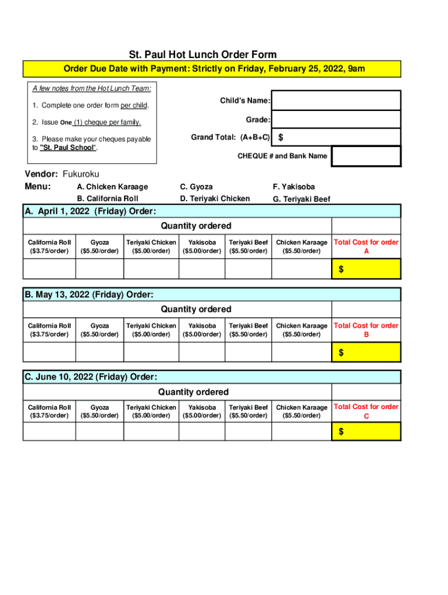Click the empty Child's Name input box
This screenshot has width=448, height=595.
tap(336, 100)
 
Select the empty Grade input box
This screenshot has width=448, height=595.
tap(336, 119)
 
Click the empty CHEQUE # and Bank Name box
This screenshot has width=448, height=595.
tap(366, 156)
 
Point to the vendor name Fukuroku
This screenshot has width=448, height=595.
tap(81, 174)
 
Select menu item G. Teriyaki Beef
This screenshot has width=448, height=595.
tap(301, 199)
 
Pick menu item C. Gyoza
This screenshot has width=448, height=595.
tap(196, 187)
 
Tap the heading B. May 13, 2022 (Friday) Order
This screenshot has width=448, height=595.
tap(88, 295)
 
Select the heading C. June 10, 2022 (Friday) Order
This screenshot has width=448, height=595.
tap(90, 377)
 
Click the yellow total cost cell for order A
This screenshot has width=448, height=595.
tap(366, 269)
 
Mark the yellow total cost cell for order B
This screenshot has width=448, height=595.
tap(366, 352)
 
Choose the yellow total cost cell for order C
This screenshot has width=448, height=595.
tap(366, 432)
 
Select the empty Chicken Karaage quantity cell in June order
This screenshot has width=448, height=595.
tap(301, 432)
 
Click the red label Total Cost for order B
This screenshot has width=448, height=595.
tap(366, 330)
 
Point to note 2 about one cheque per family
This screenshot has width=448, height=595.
tap(87, 122)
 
